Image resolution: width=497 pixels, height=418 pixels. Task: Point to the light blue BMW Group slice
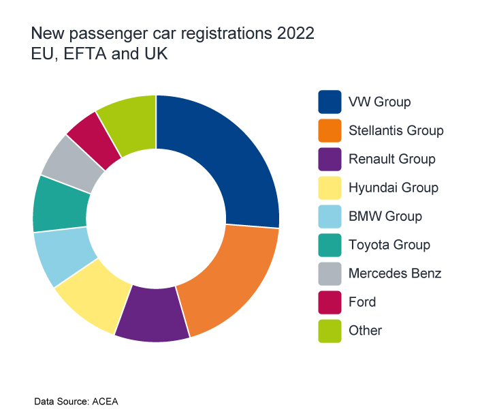pos(62,256)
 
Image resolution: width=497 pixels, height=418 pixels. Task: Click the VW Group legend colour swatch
pos(330,102)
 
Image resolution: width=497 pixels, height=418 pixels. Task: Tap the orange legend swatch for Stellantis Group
pos(330,130)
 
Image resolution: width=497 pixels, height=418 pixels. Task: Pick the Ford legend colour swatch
pos(330,301)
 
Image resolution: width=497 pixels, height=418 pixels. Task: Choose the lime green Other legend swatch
pos(330,330)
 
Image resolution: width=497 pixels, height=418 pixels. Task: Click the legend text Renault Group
pos(391,159)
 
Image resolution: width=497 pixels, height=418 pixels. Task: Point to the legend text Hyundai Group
pos(393,188)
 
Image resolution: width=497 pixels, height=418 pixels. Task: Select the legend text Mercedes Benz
pos(395,273)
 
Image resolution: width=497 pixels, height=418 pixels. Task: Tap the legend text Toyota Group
pos(389,245)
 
